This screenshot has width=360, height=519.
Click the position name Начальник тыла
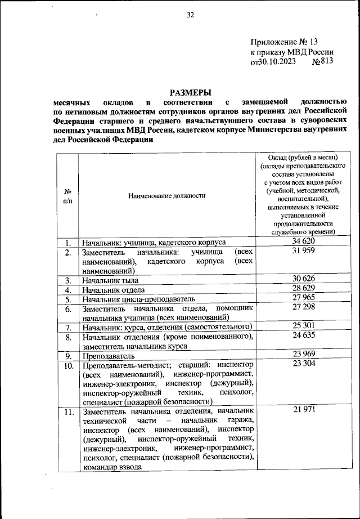point(110,280)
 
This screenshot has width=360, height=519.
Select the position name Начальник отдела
point(114,289)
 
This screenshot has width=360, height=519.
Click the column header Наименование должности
point(167,195)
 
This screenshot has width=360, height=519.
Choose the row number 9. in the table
point(67,356)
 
